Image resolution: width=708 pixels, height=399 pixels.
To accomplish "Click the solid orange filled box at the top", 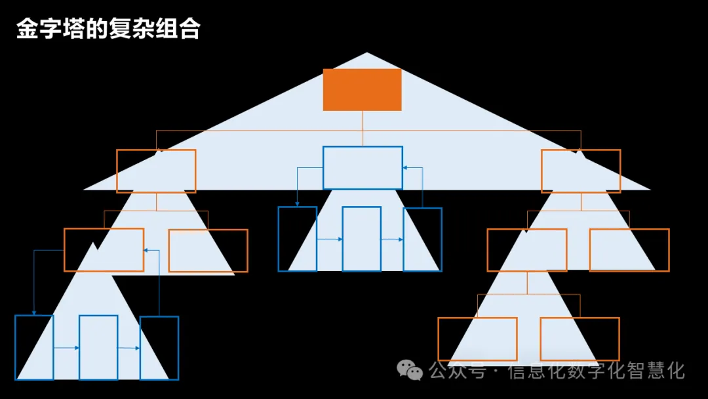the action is tap(362, 89).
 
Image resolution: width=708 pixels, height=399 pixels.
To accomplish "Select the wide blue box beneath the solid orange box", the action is tap(363, 168).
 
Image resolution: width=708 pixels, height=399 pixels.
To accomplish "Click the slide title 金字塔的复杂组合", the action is tap(108, 30).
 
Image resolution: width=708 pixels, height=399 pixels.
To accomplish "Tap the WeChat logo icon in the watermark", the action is tap(411, 371).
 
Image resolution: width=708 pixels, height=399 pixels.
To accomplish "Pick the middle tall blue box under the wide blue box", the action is tap(362, 239).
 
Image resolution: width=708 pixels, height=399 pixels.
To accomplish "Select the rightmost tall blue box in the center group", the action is tap(422, 239).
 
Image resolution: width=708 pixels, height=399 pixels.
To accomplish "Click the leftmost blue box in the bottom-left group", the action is tap(34, 347).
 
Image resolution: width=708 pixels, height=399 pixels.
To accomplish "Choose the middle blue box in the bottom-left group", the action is tap(98, 347).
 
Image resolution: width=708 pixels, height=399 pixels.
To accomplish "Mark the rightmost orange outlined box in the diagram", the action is tap(629, 250).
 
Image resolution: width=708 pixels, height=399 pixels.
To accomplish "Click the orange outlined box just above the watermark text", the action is tap(580, 339).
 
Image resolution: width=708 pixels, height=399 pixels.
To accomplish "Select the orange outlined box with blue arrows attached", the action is tap(104, 249).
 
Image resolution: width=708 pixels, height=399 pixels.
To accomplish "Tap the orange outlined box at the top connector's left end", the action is tap(156, 171).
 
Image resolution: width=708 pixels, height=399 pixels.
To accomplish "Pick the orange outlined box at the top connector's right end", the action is tap(581, 171).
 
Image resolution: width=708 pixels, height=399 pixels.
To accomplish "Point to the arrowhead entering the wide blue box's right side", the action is tap(405, 168).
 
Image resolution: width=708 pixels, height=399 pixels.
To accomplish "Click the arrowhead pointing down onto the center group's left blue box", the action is tap(297, 204).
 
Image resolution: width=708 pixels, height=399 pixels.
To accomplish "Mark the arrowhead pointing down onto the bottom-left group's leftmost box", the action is tap(34, 312).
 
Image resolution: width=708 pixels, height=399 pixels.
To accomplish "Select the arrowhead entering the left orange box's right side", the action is tap(146, 250).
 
